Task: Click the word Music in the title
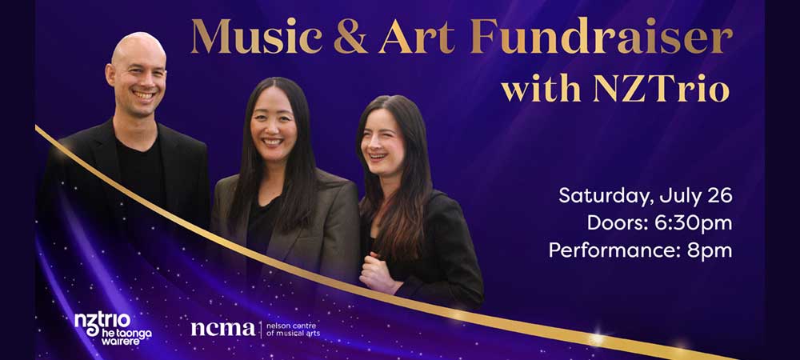pos(257,37)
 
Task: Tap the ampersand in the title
pos(350,38)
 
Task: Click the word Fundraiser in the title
pos(602,37)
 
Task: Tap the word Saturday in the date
pos(605,196)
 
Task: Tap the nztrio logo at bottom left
pos(113,329)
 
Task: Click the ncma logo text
pos(223,329)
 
